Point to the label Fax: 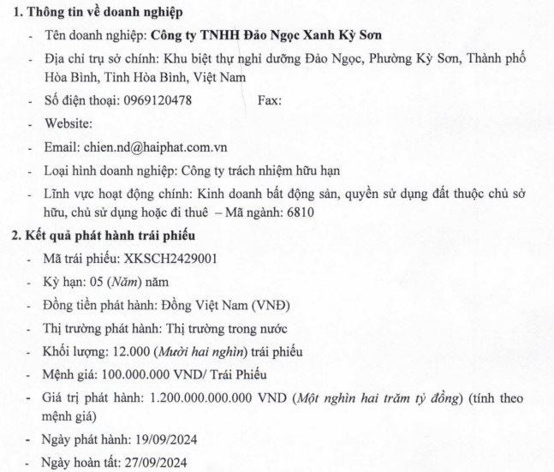[269, 100]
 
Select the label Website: [67, 123]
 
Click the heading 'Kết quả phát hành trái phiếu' [107, 234]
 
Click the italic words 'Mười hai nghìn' [186, 351]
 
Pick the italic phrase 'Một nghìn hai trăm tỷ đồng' [378, 398]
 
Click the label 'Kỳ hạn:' [65, 281]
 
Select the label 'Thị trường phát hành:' [96, 328]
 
